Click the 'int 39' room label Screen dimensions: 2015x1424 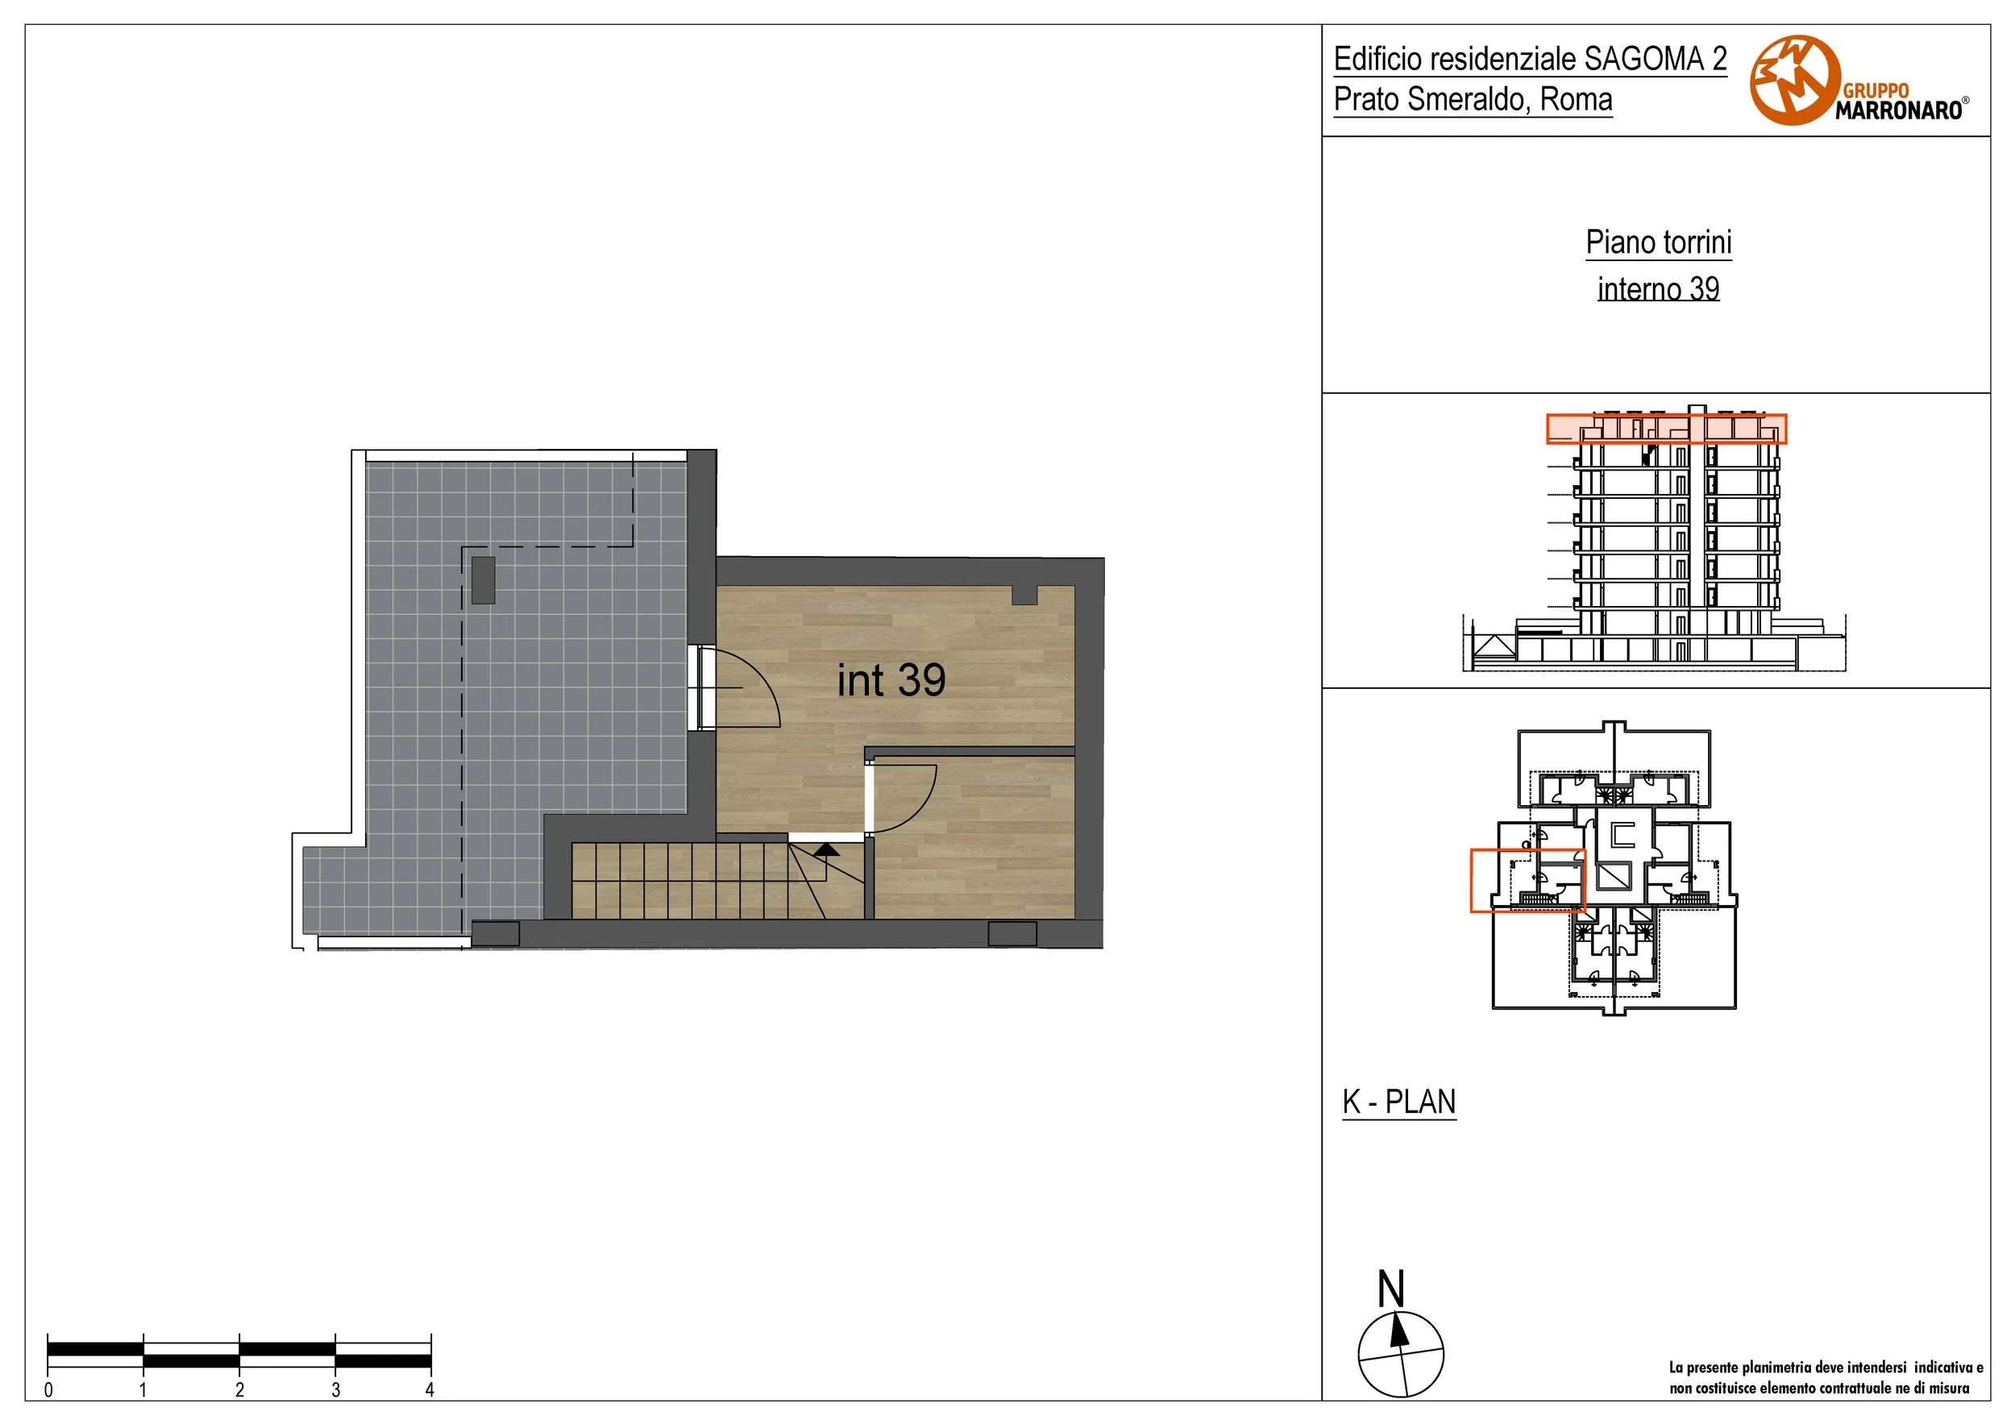pyautogui.click(x=891, y=681)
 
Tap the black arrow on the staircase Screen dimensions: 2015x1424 pyautogui.click(x=826, y=849)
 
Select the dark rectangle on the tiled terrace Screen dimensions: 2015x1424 pyautogui.click(x=483, y=579)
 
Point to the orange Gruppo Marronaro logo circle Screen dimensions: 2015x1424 pyautogui.click(x=1795, y=81)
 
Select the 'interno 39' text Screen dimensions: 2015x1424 pyautogui.click(x=1658, y=289)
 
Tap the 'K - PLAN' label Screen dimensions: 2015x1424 pyautogui.click(x=1399, y=1101)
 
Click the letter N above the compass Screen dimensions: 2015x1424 pyautogui.click(x=1391, y=1289)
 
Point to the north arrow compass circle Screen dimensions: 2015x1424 pyautogui.click(x=1401, y=1355)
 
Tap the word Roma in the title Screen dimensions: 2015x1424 pyautogui.click(x=1577, y=99)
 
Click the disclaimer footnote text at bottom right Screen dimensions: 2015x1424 pyautogui.click(x=1826, y=1377)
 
